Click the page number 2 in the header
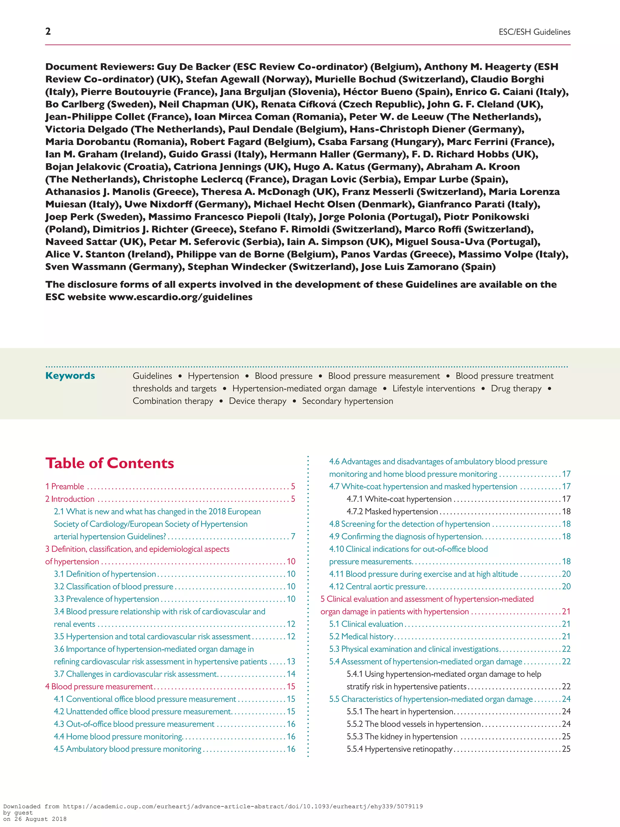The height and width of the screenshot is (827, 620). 48,31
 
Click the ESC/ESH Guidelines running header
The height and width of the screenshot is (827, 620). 534,32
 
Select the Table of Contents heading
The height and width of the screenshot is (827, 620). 110,463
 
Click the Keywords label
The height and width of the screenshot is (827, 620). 70,376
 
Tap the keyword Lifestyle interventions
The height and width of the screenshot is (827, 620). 434,389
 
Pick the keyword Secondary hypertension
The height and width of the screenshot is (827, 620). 347,401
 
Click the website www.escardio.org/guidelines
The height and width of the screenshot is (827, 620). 180,297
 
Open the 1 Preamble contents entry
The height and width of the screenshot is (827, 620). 65,486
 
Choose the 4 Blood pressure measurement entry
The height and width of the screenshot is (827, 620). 99,686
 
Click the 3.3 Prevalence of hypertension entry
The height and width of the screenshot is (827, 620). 107,599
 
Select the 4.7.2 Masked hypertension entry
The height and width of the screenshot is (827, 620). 392,511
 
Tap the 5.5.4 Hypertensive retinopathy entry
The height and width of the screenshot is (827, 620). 399,749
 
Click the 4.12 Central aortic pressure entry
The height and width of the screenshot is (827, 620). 378,587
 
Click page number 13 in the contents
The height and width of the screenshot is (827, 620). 291,661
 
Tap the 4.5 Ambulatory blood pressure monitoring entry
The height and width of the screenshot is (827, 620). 127,749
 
